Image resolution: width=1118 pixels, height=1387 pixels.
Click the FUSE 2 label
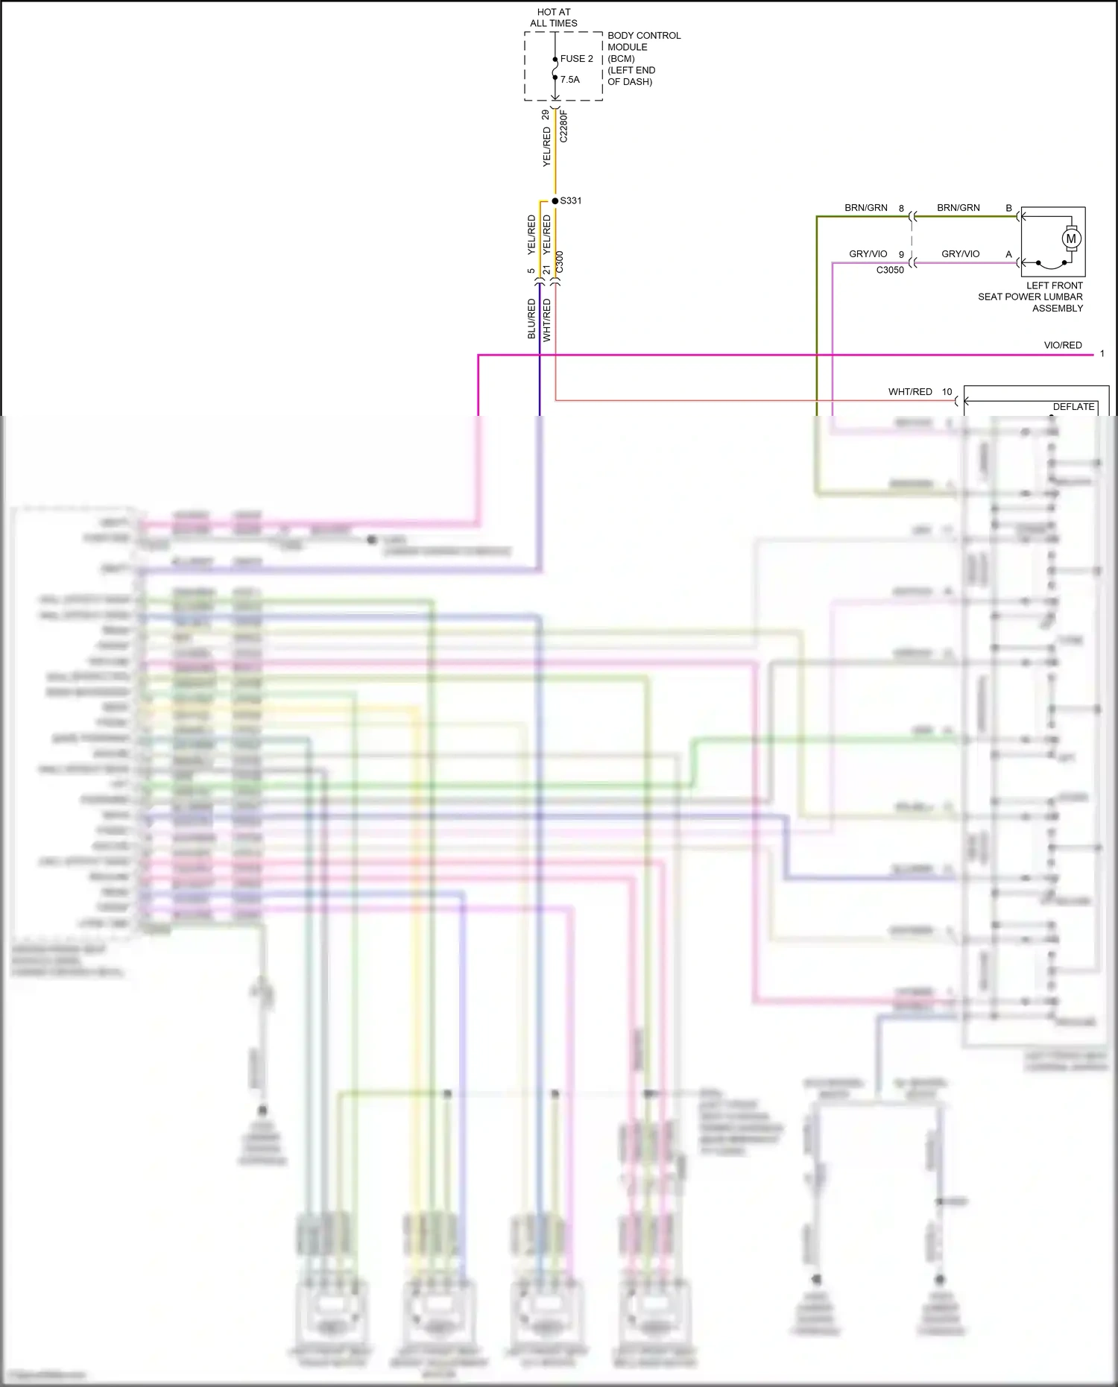[576, 59]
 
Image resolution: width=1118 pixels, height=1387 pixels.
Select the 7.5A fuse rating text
[569, 80]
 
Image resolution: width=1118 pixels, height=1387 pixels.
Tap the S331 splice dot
[555, 201]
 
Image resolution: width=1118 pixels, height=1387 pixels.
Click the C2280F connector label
[563, 127]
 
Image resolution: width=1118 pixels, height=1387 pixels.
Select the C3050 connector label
[890, 270]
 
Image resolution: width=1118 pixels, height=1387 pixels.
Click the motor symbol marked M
[1071, 239]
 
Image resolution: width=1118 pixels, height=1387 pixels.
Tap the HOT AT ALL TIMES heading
[553, 18]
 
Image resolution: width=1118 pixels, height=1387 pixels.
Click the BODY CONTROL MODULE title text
[643, 41]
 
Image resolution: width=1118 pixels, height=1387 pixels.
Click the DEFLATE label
[1073, 407]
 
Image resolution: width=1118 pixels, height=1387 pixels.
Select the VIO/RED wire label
[1062, 345]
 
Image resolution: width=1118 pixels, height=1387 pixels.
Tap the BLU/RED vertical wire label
[531, 319]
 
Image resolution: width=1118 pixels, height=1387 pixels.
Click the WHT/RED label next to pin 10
[909, 392]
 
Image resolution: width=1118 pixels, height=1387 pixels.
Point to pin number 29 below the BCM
[546, 115]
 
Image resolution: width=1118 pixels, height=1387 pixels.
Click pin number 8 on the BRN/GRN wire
[901, 209]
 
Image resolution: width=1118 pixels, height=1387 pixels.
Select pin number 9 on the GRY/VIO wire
[901, 255]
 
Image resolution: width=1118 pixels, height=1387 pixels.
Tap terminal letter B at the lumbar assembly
[1008, 208]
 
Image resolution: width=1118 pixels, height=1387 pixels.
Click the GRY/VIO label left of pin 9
[868, 254]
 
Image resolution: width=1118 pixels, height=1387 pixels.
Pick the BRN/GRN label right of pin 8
[958, 208]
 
